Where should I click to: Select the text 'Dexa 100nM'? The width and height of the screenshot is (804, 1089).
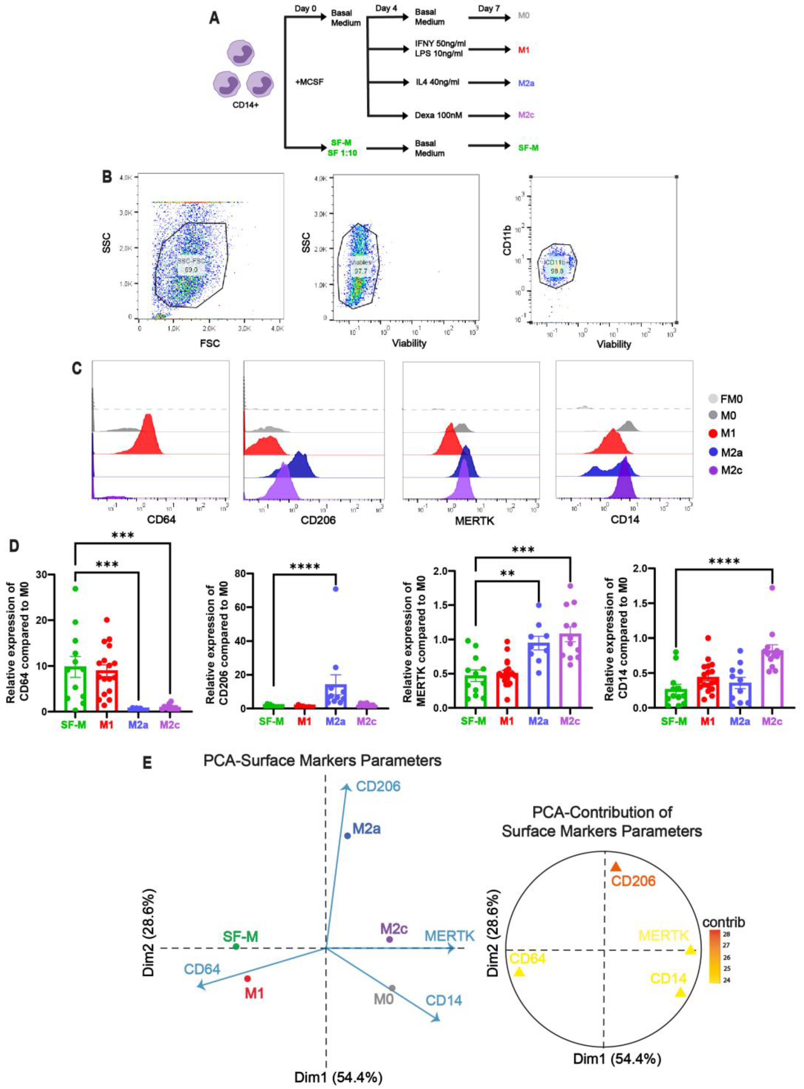(435, 115)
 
